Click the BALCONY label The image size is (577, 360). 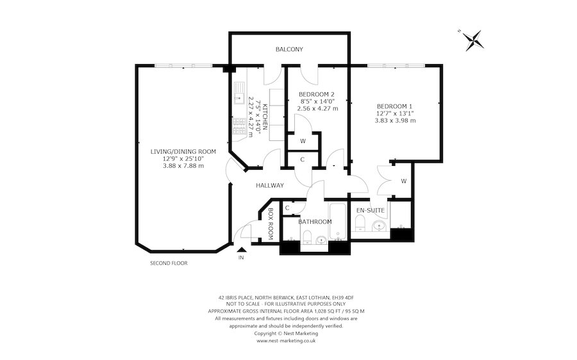[289, 49]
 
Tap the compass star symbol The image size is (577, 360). [472, 40]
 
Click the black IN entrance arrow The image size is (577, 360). [242, 249]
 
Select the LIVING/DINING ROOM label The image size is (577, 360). [183, 152]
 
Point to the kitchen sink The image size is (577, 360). [239, 93]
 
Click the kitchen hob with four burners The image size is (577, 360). [239, 126]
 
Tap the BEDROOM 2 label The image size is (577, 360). [317, 94]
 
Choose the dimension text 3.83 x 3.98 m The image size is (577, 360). [395, 120]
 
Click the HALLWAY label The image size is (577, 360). [270, 186]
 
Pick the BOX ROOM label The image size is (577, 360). [270, 224]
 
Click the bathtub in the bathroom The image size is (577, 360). [338, 221]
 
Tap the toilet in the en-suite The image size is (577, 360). [360, 223]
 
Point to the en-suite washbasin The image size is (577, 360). [379, 225]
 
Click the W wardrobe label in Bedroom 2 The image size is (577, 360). [303, 141]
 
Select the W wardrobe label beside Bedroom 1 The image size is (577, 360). [404, 181]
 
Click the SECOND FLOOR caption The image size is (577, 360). [169, 263]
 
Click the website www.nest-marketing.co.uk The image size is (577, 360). [286, 341]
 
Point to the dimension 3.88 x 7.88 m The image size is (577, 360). [183, 166]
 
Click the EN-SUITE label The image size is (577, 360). [370, 210]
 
